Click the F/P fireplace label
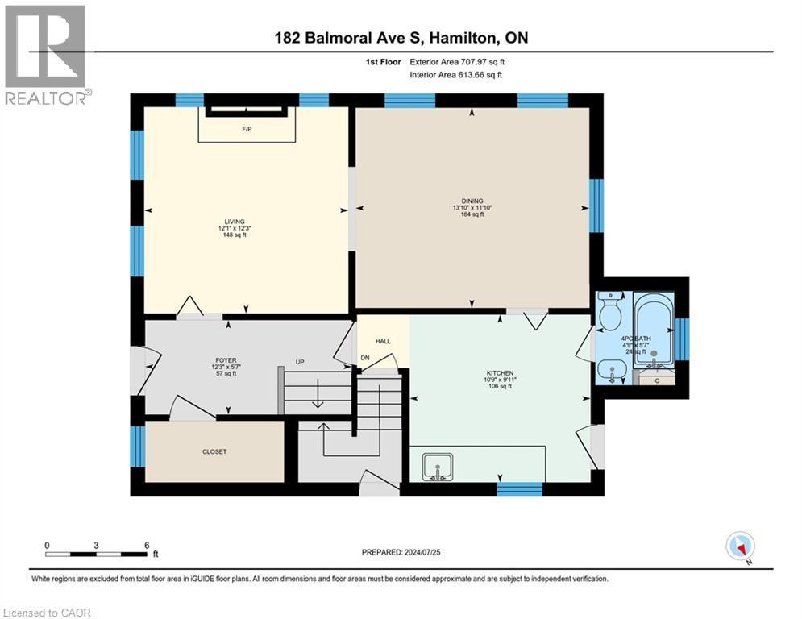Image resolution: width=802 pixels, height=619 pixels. click(x=247, y=130)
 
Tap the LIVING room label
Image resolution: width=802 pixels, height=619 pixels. click(x=235, y=222)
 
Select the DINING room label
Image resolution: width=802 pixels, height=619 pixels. click(x=472, y=201)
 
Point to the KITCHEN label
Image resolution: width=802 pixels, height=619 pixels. click(x=500, y=373)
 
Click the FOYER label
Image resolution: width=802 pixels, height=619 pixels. click(x=226, y=360)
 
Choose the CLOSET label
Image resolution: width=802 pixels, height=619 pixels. click(x=214, y=451)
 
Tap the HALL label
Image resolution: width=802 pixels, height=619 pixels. click(x=383, y=341)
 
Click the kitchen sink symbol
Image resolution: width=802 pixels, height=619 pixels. click(x=438, y=467)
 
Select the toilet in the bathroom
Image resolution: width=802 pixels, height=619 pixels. click(x=609, y=311)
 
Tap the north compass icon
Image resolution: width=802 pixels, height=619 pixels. click(x=740, y=546)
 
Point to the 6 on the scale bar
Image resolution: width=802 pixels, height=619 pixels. click(x=147, y=546)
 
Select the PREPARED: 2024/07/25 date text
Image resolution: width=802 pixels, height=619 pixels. click(x=401, y=552)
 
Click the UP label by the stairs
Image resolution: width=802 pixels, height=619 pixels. click(x=300, y=362)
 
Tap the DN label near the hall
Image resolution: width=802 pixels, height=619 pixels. click(x=364, y=358)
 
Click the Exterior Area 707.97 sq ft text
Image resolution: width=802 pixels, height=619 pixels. click(x=457, y=62)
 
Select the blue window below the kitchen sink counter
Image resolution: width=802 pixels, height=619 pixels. click(x=520, y=489)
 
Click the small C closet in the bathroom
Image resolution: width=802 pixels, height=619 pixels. click(x=657, y=380)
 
